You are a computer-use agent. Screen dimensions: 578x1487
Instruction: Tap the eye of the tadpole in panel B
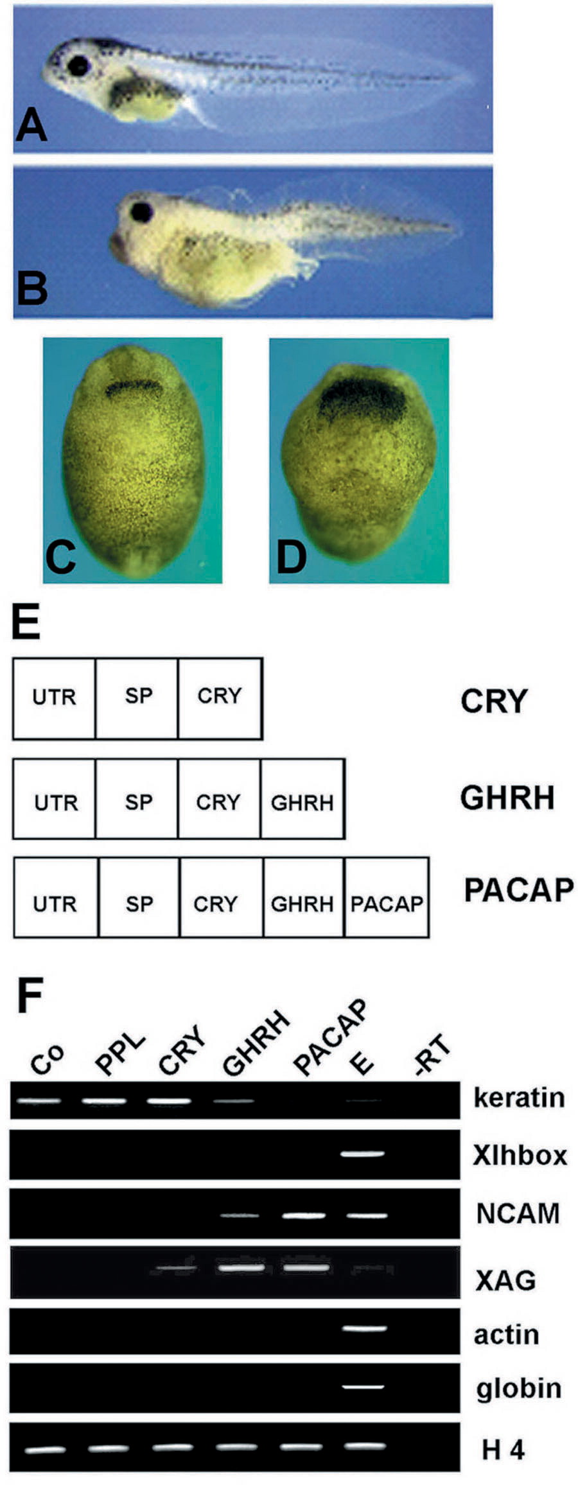(141, 211)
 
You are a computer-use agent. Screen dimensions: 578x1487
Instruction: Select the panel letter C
(61, 556)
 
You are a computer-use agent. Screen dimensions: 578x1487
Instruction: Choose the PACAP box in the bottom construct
(387, 897)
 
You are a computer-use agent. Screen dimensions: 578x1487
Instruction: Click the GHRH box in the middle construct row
(302, 798)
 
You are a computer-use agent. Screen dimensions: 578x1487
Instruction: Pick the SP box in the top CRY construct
(137, 698)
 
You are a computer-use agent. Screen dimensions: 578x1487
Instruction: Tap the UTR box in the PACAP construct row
(56, 897)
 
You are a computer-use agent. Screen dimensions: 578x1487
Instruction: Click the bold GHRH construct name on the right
(507, 798)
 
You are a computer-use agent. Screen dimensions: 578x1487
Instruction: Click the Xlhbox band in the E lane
(363, 1154)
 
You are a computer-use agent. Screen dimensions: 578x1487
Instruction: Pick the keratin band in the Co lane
(40, 1101)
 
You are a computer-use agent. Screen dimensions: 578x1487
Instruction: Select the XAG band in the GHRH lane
(241, 1268)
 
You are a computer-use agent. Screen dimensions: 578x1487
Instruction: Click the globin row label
(518, 1387)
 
